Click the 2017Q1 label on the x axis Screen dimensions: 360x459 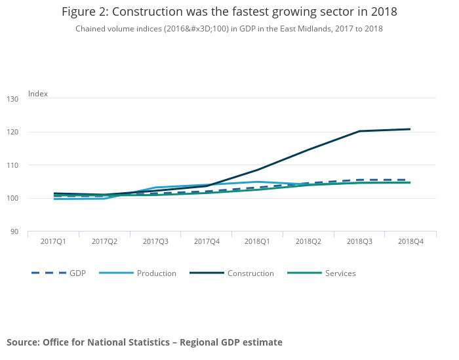(53, 242)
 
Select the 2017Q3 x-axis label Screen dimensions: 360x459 (155, 242)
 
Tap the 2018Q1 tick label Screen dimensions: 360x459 (258, 242)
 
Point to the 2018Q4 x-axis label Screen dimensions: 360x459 (410, 242)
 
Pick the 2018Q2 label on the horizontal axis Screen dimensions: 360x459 (308, 242)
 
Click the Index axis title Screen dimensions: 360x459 (38, 94)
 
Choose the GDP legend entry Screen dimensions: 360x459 (77, 273)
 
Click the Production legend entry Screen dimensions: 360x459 (156, 273)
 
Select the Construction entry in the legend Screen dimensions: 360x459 (250, 273)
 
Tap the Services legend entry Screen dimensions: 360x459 (340, 273)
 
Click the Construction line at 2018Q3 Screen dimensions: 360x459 (359, 131)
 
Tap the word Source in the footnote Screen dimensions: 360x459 (22, 342)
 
